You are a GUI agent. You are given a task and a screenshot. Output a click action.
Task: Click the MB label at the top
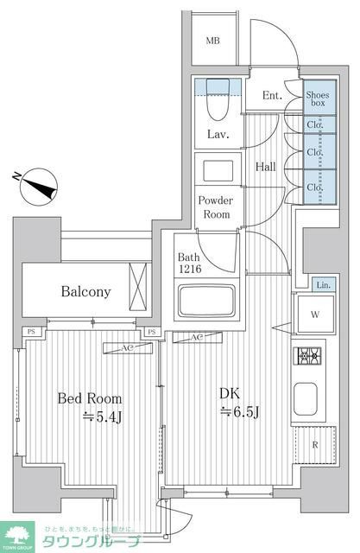(x=212, y=41)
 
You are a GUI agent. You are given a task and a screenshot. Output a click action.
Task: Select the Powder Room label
(x=215, y=207)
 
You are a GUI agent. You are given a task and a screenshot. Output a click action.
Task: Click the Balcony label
(x=85, y=291)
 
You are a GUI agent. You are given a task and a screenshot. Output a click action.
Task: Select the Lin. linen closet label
(x=321, y=285)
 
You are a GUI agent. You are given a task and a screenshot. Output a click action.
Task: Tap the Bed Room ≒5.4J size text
(x=90, y=408)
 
